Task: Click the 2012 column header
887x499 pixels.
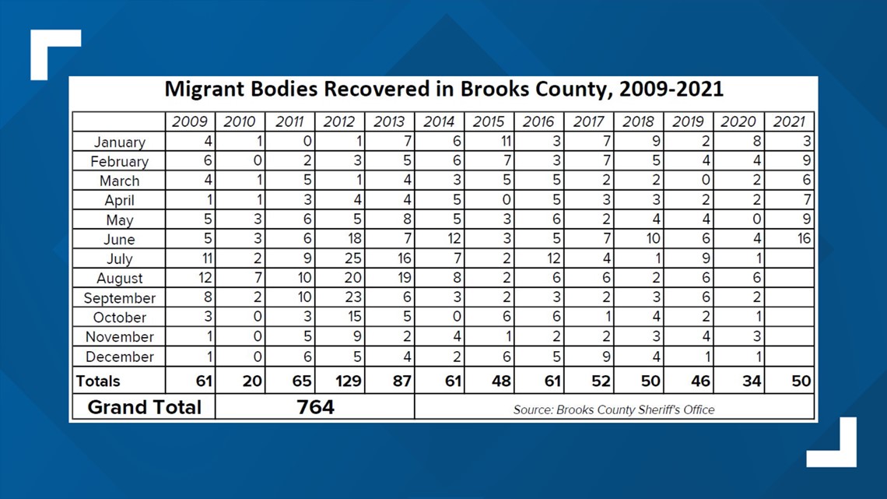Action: click(x=338, y=121)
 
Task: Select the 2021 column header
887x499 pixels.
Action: click(x=789, y=121)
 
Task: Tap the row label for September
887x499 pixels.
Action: click(x=119, y=298)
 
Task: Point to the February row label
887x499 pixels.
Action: click(x=119, y=162)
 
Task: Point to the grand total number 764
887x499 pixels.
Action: click(x=315, y=407)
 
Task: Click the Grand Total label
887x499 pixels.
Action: click(x=144, y=407)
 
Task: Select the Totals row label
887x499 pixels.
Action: click(x=98, y=381)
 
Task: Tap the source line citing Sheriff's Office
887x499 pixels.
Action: click(x=614, y=409)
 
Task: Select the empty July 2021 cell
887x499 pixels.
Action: click(x=789, y=258)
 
